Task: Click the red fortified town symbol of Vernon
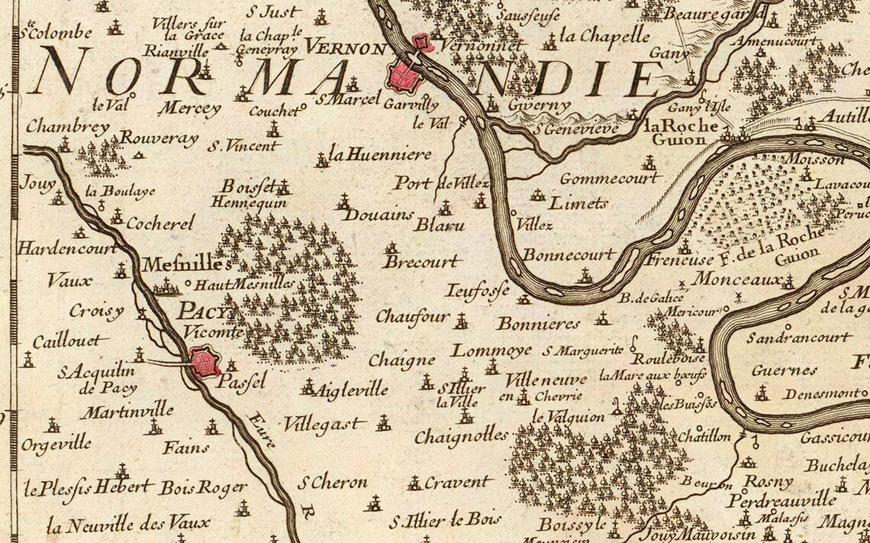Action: coord(404,75)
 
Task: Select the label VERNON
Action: coord(346,48)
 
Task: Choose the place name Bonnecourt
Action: coord(569,254)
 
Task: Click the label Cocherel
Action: coord(159,223)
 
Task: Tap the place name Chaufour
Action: coord(412,317)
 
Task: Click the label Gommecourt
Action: coord(609,178)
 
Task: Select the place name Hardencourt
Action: coord(66,248)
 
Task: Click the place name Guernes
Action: coord(774,370)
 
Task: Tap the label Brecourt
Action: coord(422,261)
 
